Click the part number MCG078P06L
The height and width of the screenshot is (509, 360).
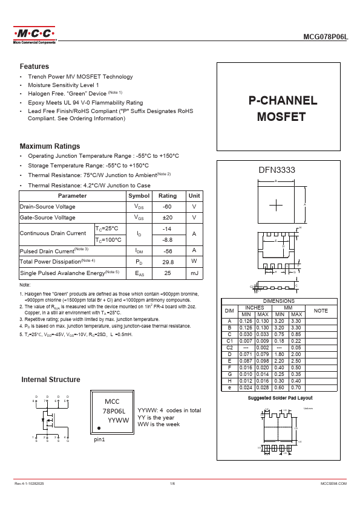point(326,37)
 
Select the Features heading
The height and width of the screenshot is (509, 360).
point(34,66)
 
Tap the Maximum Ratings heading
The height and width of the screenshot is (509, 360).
point(50,146)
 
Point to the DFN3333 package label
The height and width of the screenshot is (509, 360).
point(277,170)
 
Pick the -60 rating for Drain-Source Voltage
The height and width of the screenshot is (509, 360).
point(168,207)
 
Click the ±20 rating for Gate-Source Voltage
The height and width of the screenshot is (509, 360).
point(168,218)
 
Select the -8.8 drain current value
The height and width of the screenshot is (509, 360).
point(168,239)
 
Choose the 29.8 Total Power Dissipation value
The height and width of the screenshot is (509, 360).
point(168,262)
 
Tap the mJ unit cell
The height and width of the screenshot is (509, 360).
point(194,273)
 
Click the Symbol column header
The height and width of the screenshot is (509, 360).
point(139,196)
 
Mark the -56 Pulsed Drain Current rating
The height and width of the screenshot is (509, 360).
point(168,250)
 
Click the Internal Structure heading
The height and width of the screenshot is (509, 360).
point(51,380)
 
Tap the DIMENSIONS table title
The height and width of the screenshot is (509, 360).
point(279,301)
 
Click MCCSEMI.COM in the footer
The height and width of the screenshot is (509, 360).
point(333,484)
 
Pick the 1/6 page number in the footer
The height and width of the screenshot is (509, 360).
point(172,484)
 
